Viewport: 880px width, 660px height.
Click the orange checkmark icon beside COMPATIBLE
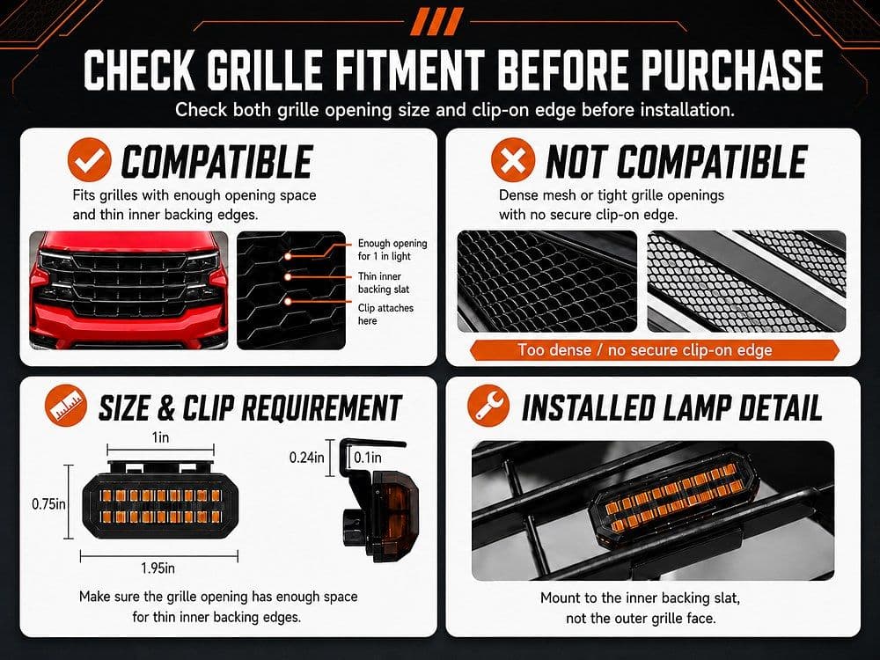(x=89, y=160)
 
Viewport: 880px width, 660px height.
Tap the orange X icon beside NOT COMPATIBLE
(x=513, y=160)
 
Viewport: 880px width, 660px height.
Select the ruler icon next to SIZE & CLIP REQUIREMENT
(x=66, y=406)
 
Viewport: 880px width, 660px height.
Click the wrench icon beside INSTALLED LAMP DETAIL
(x=488, y=406)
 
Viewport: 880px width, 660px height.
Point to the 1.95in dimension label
(x=158, y=568)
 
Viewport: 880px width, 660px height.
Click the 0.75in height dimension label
(x=48, y=504)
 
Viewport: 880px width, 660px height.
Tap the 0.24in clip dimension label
(x=306, y=458)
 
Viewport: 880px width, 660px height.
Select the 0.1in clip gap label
(x=368, y=458)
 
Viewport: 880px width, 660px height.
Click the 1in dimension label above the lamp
(x=160, y=437)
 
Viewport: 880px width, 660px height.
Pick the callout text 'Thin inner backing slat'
(x=384, y=282)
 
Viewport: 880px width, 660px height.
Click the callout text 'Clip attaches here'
(x=385, y=314)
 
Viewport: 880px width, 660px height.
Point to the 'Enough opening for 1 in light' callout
(x=392, y=250)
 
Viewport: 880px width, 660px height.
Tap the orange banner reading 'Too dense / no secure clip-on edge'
(x=655, y=350)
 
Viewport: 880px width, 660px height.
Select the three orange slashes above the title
(x=436, y=22)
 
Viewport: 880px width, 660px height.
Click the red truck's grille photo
(x=129, y=290)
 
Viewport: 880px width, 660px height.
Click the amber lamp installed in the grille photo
(x=672, y=499)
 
